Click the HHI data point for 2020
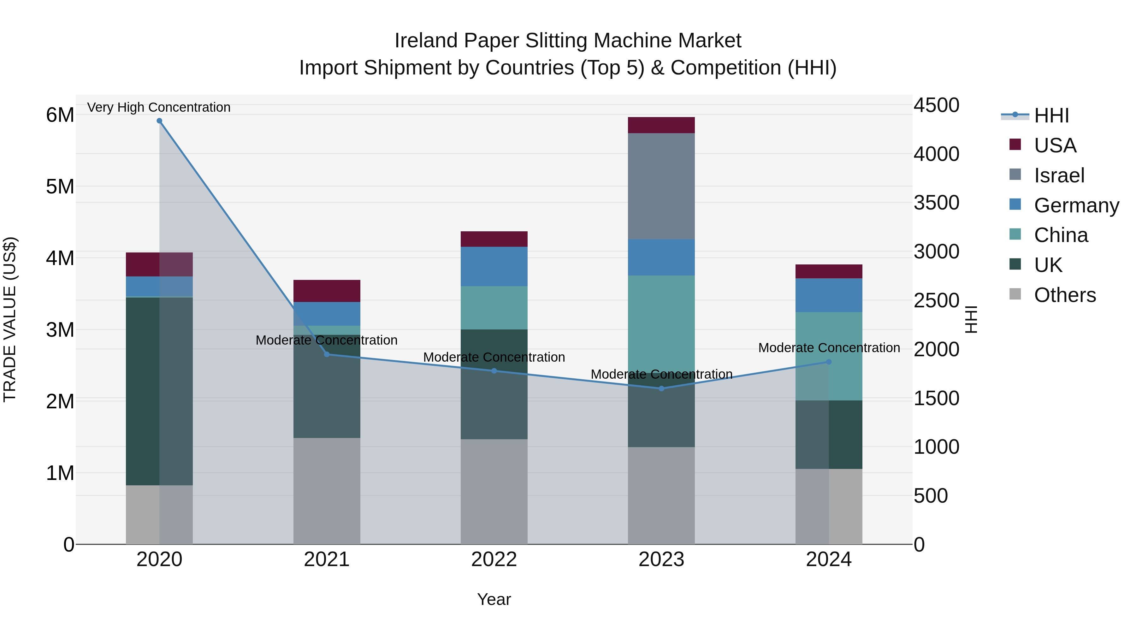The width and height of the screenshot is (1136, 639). [159, 121]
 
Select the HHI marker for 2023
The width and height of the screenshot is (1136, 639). [661, 388]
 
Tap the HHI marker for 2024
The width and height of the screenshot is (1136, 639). [829, 362]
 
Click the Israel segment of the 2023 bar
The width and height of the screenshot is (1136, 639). [661, 186]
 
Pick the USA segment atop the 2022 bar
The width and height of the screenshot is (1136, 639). [494, 239]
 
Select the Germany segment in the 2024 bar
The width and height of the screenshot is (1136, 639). [829, 295]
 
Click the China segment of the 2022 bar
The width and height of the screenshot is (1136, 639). [494, 308]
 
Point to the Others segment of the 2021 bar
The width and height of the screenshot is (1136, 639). [327, 491]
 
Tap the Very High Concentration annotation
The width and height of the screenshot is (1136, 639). [159, 108]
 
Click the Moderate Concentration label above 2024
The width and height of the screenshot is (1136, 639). [829, 348]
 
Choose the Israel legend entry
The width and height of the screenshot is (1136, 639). [1059, 175]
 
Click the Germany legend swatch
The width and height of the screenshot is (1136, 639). [1015, 204]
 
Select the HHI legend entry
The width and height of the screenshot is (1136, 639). [1051, 115]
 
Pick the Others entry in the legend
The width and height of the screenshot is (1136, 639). [1065, 295]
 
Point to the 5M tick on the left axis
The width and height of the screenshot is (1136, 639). [60, 186]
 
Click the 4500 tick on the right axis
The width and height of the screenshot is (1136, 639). [936, 105]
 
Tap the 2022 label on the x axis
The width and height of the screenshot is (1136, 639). [494, 559]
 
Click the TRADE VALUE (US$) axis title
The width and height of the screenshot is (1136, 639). [10, 319]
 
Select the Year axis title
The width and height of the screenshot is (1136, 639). [494, 599]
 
